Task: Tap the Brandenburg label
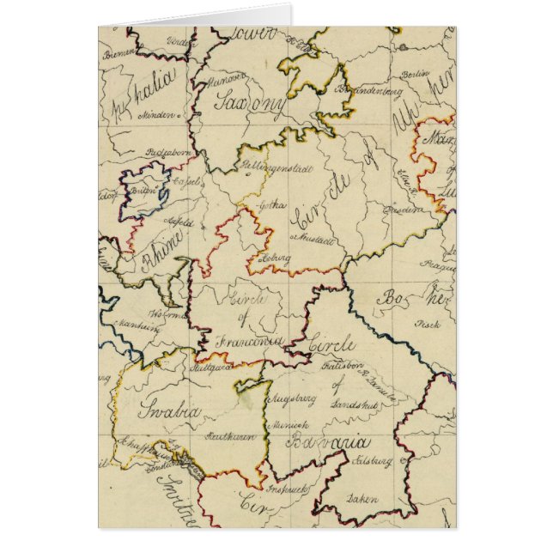[x=372, y=89]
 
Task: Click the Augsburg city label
[x=293, y=399]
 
